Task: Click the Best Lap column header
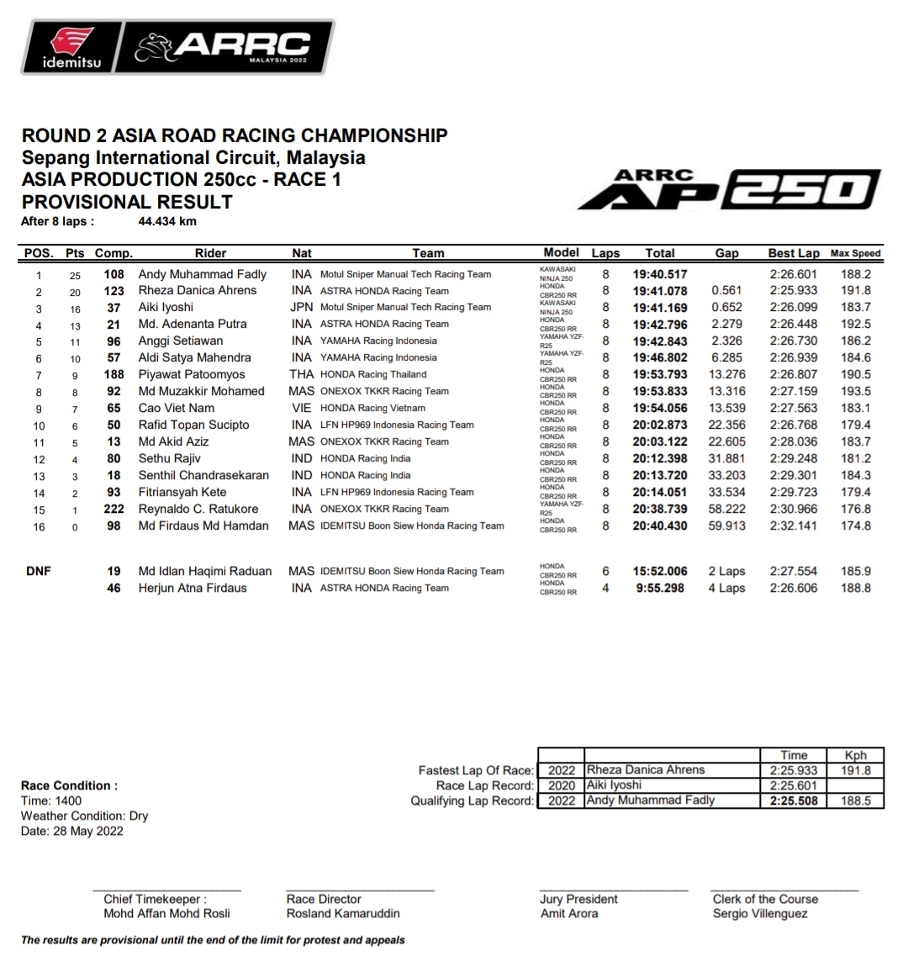click(793, 253)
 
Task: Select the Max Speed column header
click(855, 253)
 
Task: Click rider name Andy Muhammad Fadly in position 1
click(202, 274)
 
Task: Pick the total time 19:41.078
click(659, 291)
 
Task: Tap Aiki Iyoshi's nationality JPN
click(301, 307)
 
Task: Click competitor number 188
click(113, 374)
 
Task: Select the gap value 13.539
click(726, 408)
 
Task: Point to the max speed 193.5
click(855, 391)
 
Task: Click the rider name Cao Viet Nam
click(176, 408)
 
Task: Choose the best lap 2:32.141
click(793, 525)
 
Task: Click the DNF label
click(38, 571)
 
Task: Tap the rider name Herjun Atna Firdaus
click(193, 588)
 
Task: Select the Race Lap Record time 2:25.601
click(793, 785)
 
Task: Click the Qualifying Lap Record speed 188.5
click(855, 800)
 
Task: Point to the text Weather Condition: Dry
click(84, 816)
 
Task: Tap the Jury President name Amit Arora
click(569, 913)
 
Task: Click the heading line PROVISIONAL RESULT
click(126, 202)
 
